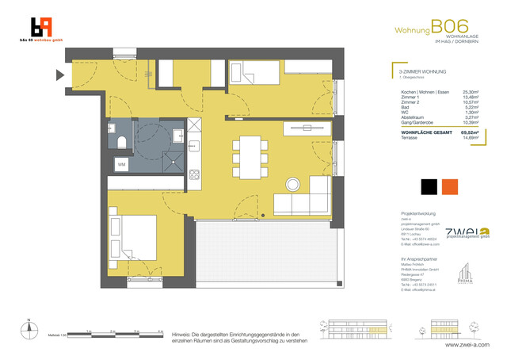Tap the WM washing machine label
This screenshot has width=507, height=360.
tap(122, 164)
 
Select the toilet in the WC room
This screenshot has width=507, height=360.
tap(120, 142)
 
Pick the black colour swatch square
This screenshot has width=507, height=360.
tap(429, 188)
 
